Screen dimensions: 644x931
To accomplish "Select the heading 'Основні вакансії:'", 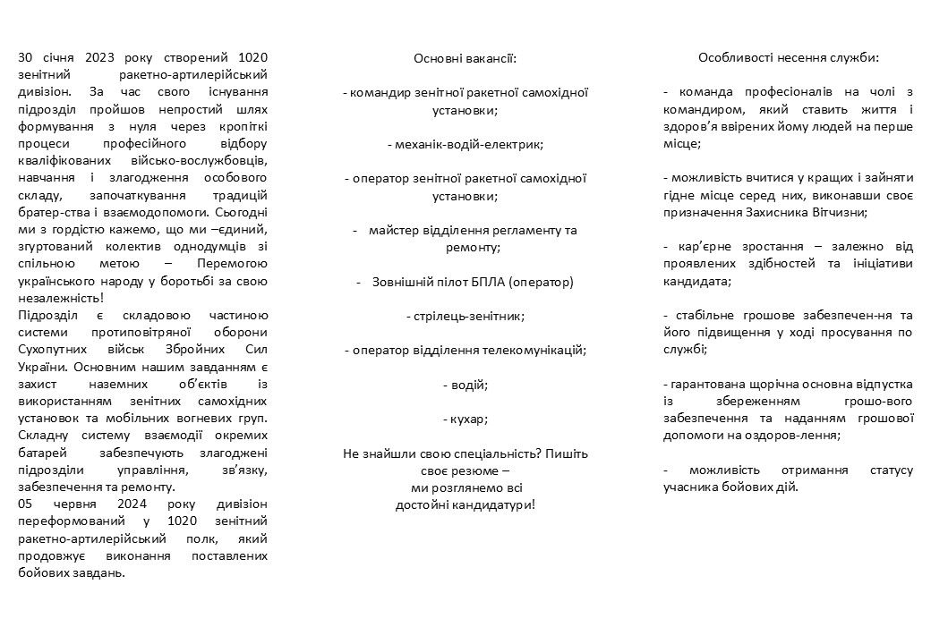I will point(465,58).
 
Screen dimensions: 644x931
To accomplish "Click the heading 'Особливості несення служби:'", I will point(789,57).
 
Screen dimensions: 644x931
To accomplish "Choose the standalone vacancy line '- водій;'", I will point(465,385).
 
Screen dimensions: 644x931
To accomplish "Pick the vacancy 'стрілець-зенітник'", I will point(465,316).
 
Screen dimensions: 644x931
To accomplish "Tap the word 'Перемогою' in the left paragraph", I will point(231,264).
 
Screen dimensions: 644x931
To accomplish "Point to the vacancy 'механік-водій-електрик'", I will point(465,143).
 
